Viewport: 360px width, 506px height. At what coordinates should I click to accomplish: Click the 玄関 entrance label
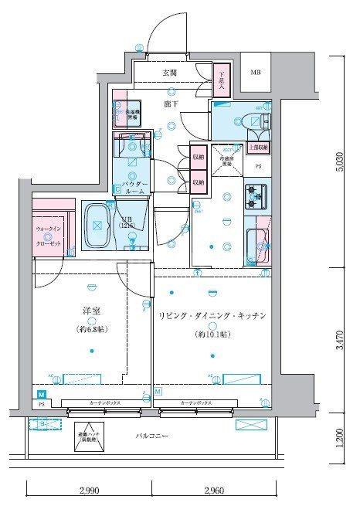click(169, 73)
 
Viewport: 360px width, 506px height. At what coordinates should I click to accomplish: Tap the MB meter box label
click(254, 73)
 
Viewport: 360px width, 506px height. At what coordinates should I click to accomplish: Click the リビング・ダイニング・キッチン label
click(212, 316)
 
